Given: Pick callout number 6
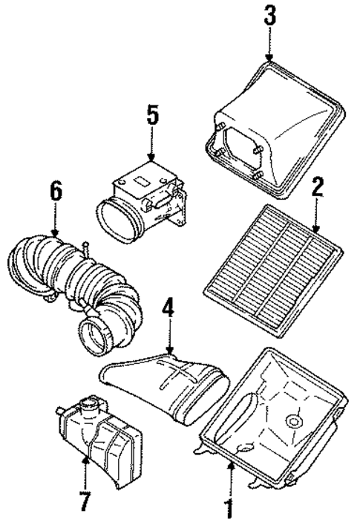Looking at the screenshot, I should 55,192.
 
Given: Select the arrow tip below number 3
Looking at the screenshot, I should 269,59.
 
